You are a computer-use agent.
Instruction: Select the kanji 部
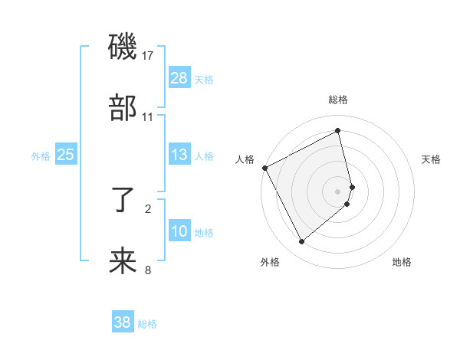(x=123, y=109)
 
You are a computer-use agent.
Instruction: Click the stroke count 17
(x=148, y=56)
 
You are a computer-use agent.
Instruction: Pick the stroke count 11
(x=148, y=117)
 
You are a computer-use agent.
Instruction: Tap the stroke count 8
(x=148, y=270)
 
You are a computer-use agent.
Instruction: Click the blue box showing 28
(x=179, y=78)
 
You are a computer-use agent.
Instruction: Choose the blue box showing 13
(x=179, y=155)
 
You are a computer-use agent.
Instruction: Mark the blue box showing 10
(x=179, y=231)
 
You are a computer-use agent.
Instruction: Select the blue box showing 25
(x=66, y=155)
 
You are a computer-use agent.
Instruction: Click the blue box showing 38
(x=123, y=322)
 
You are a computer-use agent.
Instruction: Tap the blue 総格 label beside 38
(x=147, y=324)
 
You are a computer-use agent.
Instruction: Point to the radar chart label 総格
(x=338, y=100)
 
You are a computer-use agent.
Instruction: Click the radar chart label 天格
(x=432, y=159)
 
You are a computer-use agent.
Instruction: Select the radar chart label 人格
(x=245, y=159)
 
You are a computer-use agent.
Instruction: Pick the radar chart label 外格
(x=270, y=263)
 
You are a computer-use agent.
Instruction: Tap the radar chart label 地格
(x=402, y=263)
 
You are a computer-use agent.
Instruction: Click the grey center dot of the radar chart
(x=338, y=191)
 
